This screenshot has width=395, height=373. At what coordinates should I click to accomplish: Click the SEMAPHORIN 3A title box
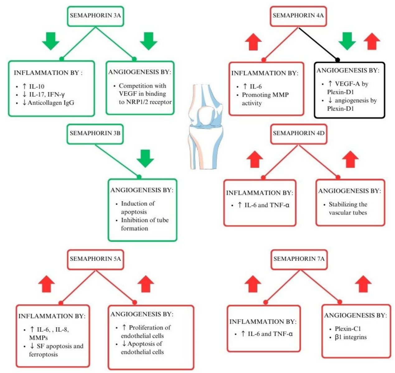[95, 15]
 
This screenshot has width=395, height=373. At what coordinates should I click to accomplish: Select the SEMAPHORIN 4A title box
[298, 15]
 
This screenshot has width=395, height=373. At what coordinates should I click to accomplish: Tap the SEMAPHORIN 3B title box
[95, 133]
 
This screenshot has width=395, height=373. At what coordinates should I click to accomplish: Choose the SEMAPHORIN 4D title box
[299, 133]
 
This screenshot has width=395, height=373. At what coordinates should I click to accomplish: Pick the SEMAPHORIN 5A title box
[95, 259]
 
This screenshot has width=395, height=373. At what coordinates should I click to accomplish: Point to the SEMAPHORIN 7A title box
[299, 259]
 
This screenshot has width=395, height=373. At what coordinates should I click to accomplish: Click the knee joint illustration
[205, 126]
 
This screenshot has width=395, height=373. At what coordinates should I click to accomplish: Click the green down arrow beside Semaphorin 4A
[347, 41]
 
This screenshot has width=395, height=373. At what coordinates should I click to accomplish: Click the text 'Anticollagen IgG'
[51, 103]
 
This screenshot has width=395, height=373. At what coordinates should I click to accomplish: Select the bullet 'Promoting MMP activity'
[265, 99]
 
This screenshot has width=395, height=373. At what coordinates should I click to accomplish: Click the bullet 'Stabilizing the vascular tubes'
[348, 208]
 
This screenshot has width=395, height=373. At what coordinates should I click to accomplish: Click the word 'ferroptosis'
[43, 354]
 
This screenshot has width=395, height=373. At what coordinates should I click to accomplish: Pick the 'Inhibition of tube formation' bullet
[145, 224]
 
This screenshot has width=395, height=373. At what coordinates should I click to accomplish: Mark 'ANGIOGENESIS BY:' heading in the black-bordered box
[348, 71]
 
